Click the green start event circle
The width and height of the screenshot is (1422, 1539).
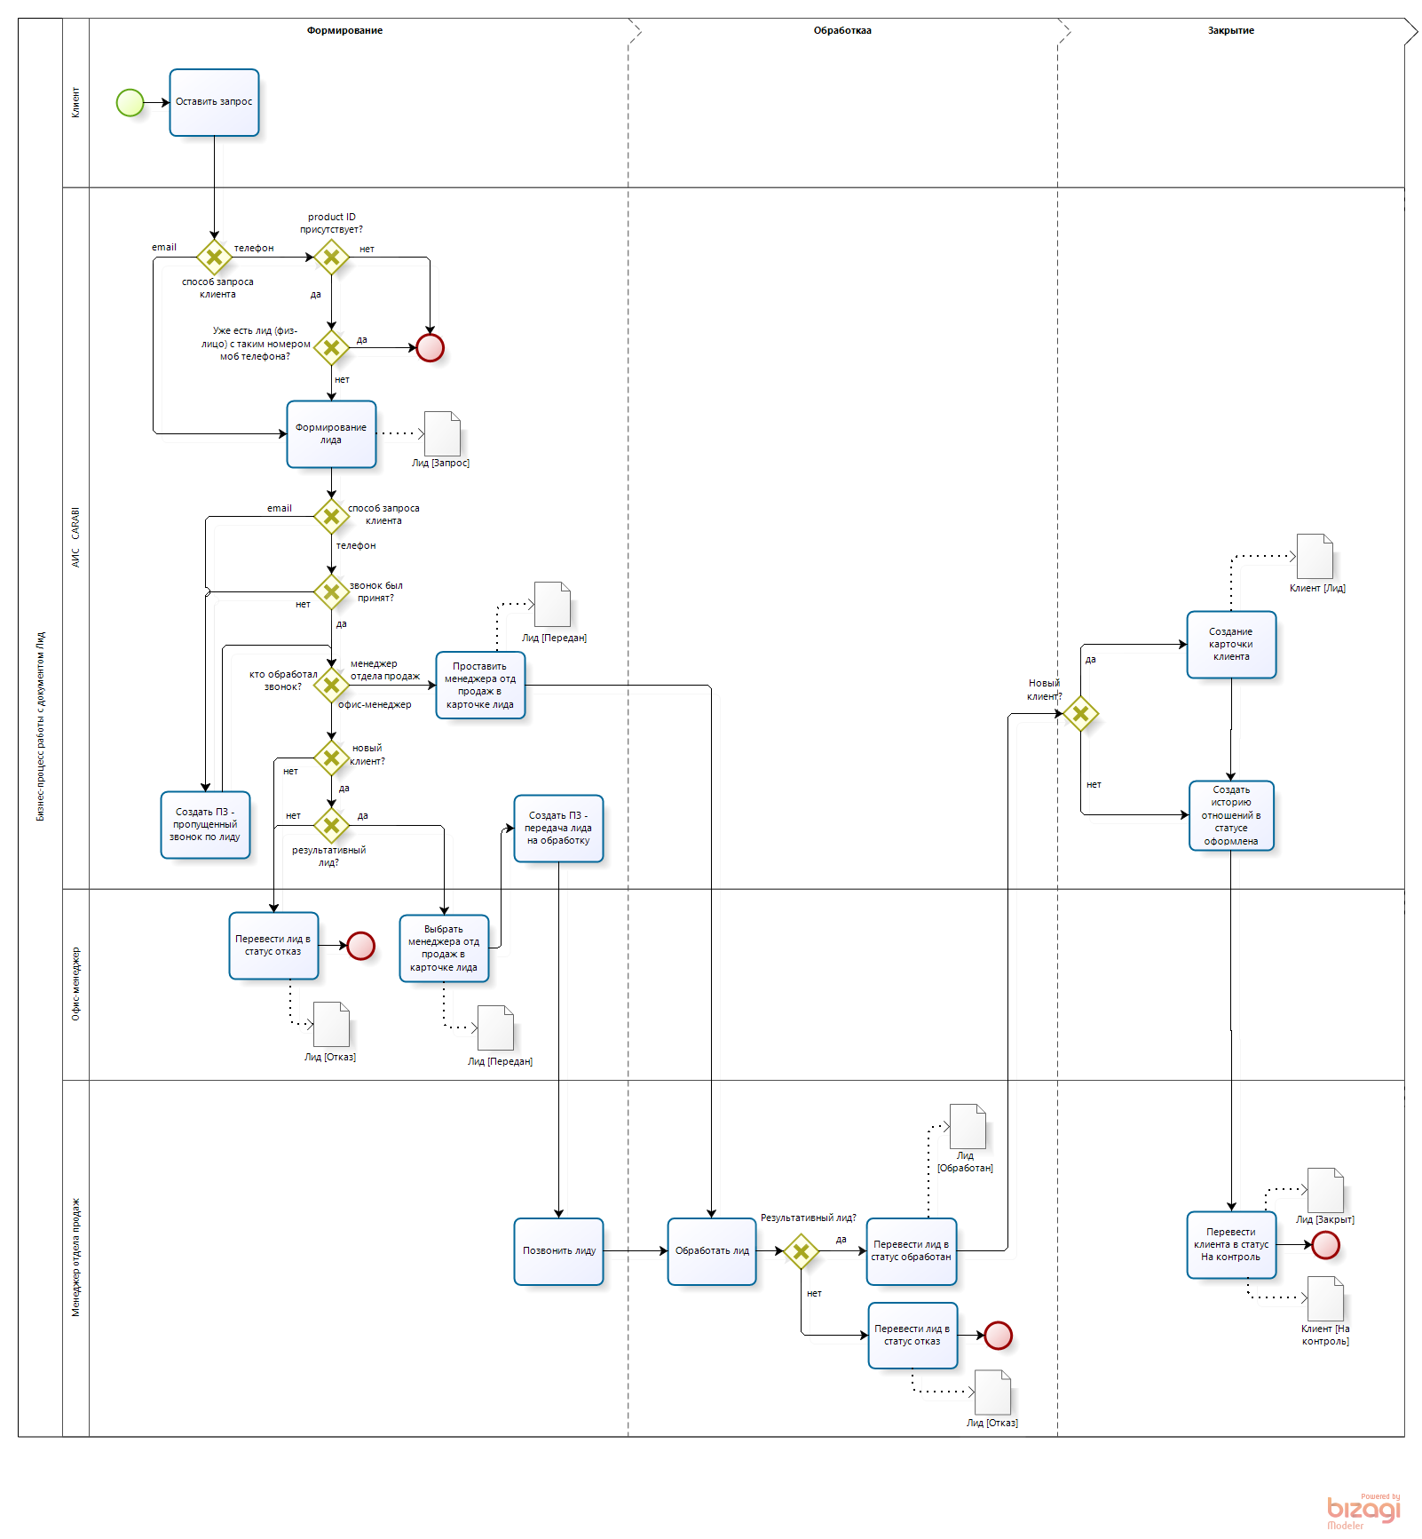point(130,102)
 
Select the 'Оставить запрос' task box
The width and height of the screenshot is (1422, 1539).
point(214,102)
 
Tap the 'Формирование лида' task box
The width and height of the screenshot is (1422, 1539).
point(331,434)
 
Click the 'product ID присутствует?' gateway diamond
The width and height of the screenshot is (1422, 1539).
point(331,258)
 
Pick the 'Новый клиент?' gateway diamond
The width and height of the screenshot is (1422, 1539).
point(1080,713)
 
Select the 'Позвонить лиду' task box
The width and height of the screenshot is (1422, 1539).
point(558,1250)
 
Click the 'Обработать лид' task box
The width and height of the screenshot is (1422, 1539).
point(712,1250)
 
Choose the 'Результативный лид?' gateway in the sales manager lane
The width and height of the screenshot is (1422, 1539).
point(801,1251)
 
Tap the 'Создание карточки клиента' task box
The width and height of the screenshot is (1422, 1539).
point(1231,645)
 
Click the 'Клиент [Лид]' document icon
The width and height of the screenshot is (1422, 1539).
point(1315,557)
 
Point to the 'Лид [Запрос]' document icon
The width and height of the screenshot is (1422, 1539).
point(442,433)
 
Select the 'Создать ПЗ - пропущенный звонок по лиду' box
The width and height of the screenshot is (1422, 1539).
point(205,825)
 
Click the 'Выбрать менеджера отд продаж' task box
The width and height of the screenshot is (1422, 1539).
point(444,948)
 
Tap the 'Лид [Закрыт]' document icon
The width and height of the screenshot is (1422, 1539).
point(1325,1190)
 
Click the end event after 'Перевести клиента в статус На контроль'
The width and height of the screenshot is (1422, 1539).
point(1325,1245)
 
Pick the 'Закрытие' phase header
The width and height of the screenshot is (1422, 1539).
point(1230,30)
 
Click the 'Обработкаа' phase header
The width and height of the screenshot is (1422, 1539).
point(842,30)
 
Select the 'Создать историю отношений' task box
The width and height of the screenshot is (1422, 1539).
point(1231,815)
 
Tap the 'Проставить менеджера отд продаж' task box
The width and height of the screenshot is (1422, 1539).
point(480,685)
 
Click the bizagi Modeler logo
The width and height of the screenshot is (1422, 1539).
point(1363,1511)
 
